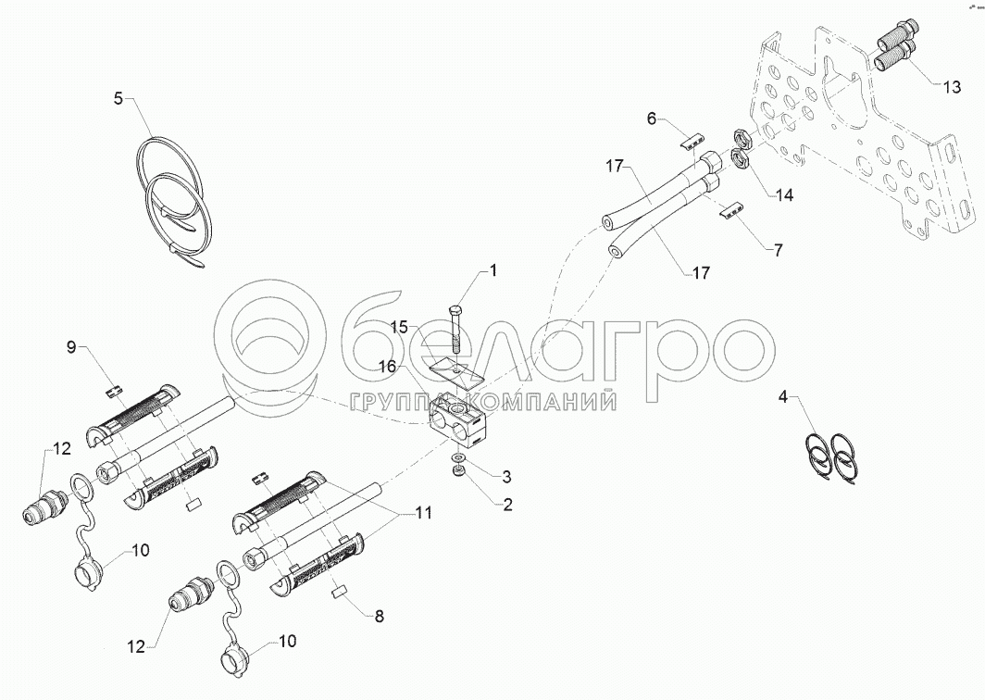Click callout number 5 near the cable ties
(x=118, y=98)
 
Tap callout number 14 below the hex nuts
(x=784, y=195)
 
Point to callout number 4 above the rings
(x=783, y=397)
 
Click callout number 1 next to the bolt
(x=493, y=270)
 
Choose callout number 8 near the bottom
(x=379, y=617)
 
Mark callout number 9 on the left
(x=71, y=347)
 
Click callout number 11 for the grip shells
(x=424, y=513)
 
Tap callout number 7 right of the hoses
(x=779, y=250)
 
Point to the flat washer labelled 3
(x=458, y=456)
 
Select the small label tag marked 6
(x=692, y=143)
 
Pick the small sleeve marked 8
(x=339, y=591)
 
